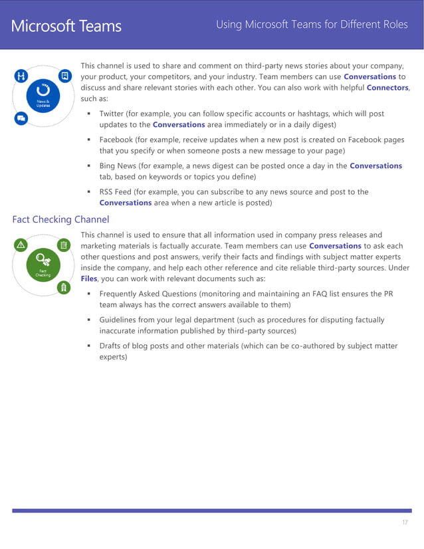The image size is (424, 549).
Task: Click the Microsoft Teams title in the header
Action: (x=66, y=26)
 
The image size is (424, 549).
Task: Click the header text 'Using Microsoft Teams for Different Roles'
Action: (x=312, y=25)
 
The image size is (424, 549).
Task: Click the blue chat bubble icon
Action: (x=21, y=119)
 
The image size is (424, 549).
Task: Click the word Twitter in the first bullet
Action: (x=114, y=114)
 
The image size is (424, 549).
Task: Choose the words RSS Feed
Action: (x=116, y=191)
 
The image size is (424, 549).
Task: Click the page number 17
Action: (x=405, y=523)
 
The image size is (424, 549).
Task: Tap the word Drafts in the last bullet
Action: (x=111, y=346)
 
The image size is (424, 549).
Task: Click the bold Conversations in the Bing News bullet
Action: (x=375, y=165)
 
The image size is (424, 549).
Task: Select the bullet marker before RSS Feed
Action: (x=89, y=192)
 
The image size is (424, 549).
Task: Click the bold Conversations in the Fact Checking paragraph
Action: (x=335, y=246)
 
